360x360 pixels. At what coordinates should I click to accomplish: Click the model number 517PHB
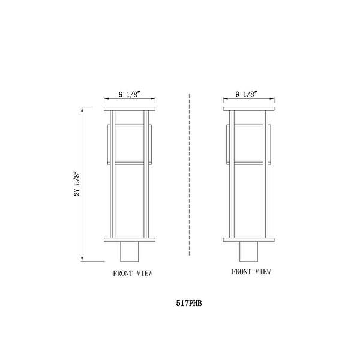pos(189,303)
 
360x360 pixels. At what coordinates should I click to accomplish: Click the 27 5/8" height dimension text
pos(77,184)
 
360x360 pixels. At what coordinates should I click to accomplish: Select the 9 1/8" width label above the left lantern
pos(130,94)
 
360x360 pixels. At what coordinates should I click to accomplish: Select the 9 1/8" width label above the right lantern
pos(246,94)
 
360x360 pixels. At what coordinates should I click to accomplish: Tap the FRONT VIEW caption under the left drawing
pos(133,273)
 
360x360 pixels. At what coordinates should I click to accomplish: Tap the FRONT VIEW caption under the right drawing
pos(251,272)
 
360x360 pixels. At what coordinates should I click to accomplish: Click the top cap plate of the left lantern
pos(130,109)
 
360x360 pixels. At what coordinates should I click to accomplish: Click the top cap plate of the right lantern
pos(248,109)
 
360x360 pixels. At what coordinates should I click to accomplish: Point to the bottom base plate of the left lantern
pos(130,239)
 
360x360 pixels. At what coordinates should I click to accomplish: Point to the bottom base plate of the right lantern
pos(248,239)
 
